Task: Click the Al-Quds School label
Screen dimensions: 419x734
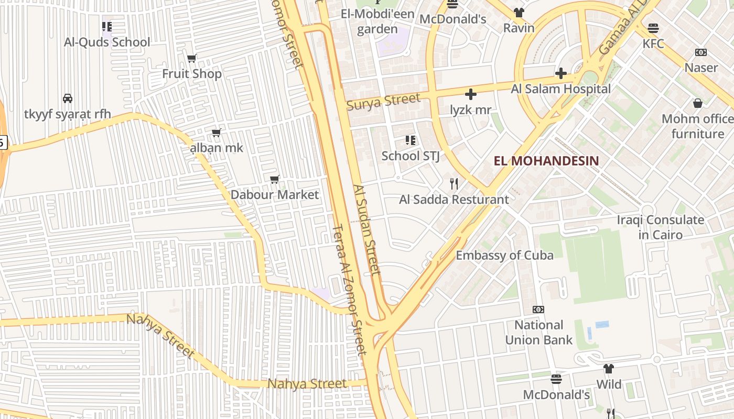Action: pos(107,42)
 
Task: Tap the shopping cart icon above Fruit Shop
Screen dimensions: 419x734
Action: pos(192,58)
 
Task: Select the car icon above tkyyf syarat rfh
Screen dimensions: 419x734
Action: pos(68,98)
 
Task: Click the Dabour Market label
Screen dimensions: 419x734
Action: pos(275,195)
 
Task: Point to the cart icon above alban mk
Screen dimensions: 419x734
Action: pos(216,133)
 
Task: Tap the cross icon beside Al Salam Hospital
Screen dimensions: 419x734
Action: pos(560,73)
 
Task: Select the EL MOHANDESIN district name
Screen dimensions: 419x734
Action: pos(546,161)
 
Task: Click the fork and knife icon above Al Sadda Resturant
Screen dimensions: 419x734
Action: pos(454,184)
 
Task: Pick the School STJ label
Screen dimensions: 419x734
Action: pos(410,156)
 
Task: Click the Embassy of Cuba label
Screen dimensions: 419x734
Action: pos(504,256)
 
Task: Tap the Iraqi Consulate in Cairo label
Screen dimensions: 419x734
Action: pos(660,227)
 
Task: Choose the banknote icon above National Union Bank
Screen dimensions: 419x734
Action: pos(538,310)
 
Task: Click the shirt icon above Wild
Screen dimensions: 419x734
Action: pos(608,369)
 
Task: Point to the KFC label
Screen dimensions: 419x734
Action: pos(653,43)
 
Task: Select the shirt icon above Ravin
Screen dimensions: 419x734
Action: pos(519,13)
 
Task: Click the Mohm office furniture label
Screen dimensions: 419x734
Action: pos(697,126)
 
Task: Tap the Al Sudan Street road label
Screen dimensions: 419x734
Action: pos(366,229)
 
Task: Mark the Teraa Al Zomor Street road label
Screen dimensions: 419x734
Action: pos(349,290)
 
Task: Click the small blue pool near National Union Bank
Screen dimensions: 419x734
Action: pos(602,325)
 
